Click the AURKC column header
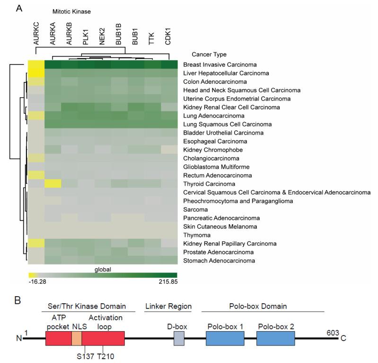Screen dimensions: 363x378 coord(37,36)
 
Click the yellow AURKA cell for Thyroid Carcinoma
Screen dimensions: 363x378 coord(53,184)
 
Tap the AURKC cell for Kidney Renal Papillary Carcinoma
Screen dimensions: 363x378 coord(36,244)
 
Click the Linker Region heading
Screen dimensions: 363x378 coord(168,307)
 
